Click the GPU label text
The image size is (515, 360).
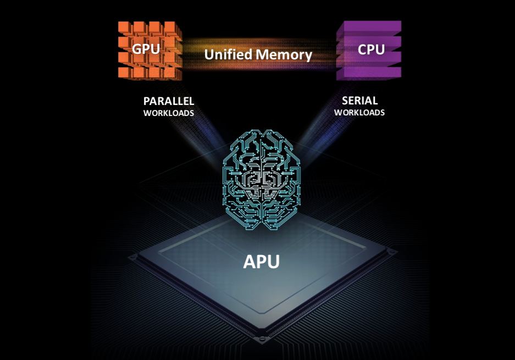click(146, 49)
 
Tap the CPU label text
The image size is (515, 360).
click(371, 49)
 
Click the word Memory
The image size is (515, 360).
click(284, 55)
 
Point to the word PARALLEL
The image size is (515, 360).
click(169, 101)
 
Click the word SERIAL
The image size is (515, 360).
click(359, 101)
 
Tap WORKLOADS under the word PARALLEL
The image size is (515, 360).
click(169, 113)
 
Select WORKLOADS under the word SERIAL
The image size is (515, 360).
click(359, 112)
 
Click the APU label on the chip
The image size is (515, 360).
click(262, 262)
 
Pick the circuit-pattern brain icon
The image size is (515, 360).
click(262, 179)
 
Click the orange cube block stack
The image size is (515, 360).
click(150, 51)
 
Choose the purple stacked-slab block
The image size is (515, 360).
click(369, 50)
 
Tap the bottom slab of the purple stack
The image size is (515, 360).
click(369, 73)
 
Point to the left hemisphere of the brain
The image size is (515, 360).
click(242, 179)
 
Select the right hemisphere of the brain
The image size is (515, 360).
click(281, 179)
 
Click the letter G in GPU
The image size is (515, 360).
click(136, 49)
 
